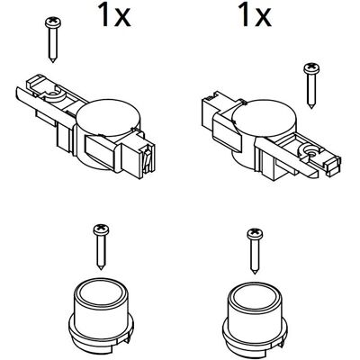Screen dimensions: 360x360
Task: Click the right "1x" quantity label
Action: [x=256, y=15]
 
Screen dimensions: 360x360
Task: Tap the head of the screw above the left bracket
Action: [x=53, y=22]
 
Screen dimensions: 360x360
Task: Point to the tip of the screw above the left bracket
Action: [x=53, y=61]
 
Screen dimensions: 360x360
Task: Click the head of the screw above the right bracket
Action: [x=311, y=68]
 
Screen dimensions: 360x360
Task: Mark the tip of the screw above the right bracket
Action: [x=311, y=107]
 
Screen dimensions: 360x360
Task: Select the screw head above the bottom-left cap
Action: [x=101, y=229]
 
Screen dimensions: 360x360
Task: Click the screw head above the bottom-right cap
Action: [x=255, y=234]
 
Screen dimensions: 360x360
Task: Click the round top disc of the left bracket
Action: [x=108, y=116]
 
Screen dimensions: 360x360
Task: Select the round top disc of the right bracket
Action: [x=264, y=118]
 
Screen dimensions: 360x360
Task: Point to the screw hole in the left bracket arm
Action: [x=53, y=94]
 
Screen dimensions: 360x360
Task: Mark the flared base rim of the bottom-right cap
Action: [x=255, y=336]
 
